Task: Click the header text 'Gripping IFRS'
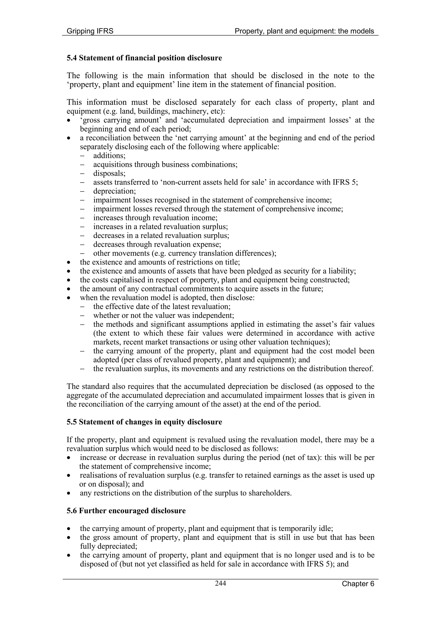[90, 31]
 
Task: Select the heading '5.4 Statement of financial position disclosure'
[144, 58]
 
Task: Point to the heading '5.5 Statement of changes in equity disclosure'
[144, 422]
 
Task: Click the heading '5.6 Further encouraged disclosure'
[126, 511]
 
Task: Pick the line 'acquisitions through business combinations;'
[165, 165]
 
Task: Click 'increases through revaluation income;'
[155, 218]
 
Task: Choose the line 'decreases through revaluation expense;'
[157, 245]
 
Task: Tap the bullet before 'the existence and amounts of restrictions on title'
[70, 263]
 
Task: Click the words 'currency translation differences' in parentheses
[221, 253]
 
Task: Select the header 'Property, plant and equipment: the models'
[304, 31]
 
